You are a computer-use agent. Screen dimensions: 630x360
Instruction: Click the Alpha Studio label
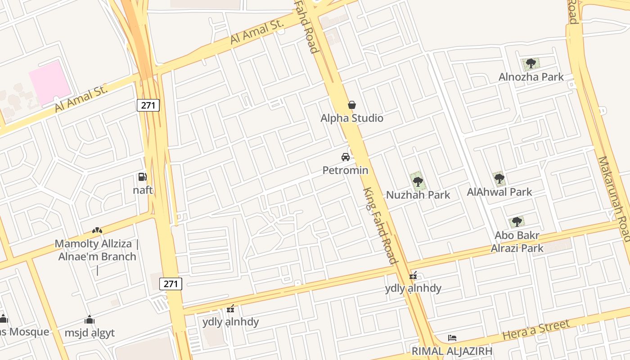pyautogui.click(x=352, y=118)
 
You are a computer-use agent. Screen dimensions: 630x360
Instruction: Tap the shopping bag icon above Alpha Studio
pyautogui.click(x=352, y=105)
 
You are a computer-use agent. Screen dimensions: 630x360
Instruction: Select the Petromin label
pyautogui.click(x=345, y=170)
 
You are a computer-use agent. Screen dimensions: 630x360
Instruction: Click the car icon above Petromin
pyautogui.click(x=346, y=157)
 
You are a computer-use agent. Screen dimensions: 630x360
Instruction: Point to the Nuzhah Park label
pyautogui.click(x=418, y=195)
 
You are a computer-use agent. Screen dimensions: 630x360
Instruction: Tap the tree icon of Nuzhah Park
pyautogui.click(x=418, y=182)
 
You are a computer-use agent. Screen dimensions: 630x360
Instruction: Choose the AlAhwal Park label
pyautogui.click(x=499, y=192)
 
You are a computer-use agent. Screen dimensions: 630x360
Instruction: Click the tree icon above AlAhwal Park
pyautogui.click(x=499, y=179)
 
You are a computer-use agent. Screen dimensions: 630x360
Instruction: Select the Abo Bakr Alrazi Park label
pyautogui.click(x=517, y=242)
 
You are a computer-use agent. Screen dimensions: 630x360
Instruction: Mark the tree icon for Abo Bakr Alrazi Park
pyautogui.click(x=517, y=221)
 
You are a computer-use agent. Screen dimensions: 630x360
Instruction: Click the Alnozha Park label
pyautogui.click(x=531, y=77)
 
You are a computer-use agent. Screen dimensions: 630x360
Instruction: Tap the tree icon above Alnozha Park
pyautogui.click(x=531, y=63)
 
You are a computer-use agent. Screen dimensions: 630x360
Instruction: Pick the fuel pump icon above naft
pyautogui.click(x=142, y=177)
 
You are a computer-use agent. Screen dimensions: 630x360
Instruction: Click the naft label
pyautogui.click(x=143, y=190)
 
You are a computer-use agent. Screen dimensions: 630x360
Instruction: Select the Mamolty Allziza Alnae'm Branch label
pyautogui.click(x=96, y=251)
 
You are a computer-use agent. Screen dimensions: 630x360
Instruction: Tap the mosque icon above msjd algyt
pyautogui.click(x=90, y=319)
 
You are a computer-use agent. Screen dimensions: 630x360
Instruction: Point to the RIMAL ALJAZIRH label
pyautogui.click(x=452, y=351)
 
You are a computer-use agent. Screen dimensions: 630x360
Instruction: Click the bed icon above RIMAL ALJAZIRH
pyautogui.click(x=452, y=338)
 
